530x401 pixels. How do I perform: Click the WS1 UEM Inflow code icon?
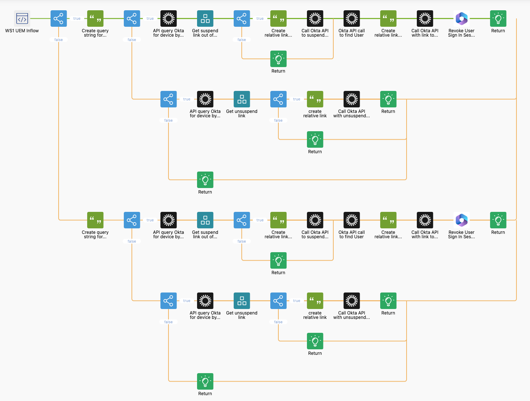point(22,19)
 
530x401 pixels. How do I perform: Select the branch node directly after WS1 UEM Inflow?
point(59,19)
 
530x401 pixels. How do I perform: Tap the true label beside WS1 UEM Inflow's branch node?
point(77,19)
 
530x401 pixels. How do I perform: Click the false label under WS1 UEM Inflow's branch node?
point(59,40)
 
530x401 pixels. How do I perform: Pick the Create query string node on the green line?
point(95,19)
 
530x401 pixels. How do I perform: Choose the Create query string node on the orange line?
point(95,220)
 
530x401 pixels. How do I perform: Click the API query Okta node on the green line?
point(168,19)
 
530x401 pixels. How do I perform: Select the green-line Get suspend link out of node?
point(205,19)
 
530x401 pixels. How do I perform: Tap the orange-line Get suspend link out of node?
point(205,220)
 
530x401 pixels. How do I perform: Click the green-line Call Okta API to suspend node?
point(315,19)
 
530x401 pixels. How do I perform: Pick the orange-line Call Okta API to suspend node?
point(315,220)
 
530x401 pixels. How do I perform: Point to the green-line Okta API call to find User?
point(352,19)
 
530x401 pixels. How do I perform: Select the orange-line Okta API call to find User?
point(352,220)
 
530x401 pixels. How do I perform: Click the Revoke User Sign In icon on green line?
point(462,19)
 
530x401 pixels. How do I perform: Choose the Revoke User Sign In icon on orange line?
point(462,220)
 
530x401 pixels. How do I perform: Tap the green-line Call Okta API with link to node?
point(425,19)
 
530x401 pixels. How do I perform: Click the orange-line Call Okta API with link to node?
point(425,220)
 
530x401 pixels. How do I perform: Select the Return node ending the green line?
point(498,19)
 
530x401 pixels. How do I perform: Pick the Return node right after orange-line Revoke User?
point(498,220)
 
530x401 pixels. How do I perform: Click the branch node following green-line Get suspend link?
point(242,19)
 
